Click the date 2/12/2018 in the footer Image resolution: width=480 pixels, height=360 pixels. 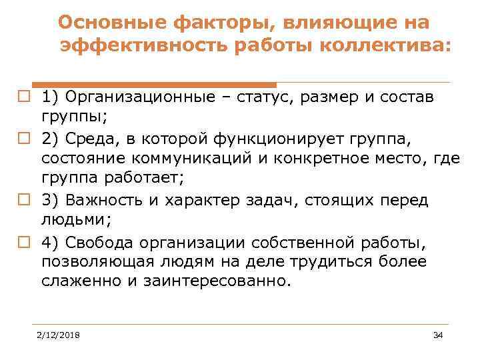58,334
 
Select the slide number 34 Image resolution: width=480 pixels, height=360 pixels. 438,334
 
